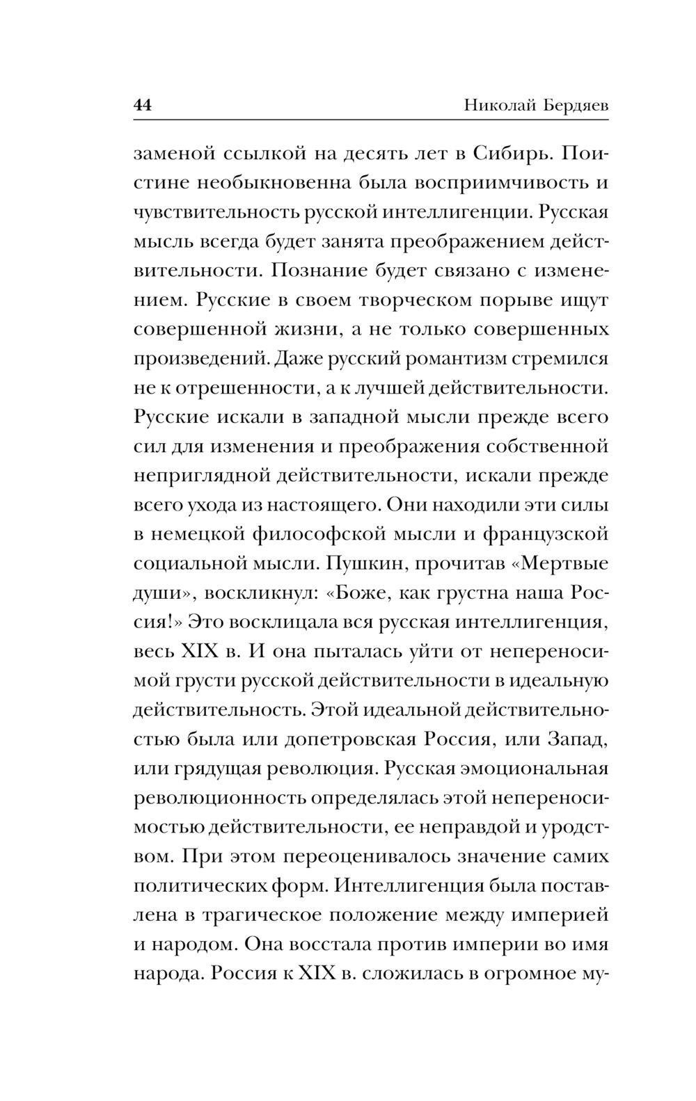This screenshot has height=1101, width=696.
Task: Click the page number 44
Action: [143, 106]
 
